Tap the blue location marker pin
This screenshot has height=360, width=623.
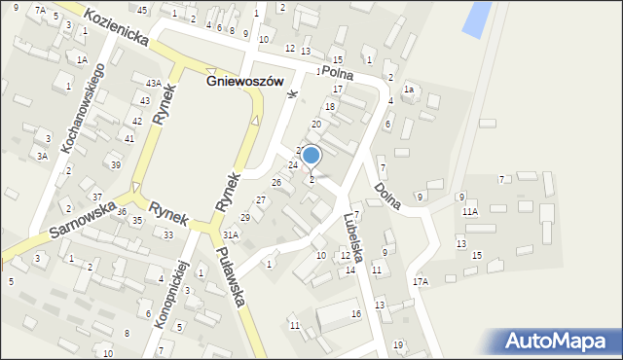(311, 156)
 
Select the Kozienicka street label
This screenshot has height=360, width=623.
(115, 26)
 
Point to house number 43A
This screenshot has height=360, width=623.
(153, 83)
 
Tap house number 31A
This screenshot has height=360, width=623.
(231, 234)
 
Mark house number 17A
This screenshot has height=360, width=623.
(420, 281)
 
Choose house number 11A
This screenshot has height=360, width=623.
(470, 211)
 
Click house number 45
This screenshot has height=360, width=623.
(142, 10)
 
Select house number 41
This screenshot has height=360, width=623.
(128, 138)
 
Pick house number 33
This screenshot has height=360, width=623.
(168, 234)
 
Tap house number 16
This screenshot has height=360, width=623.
(356, 313)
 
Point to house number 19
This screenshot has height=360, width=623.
(397, 345)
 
